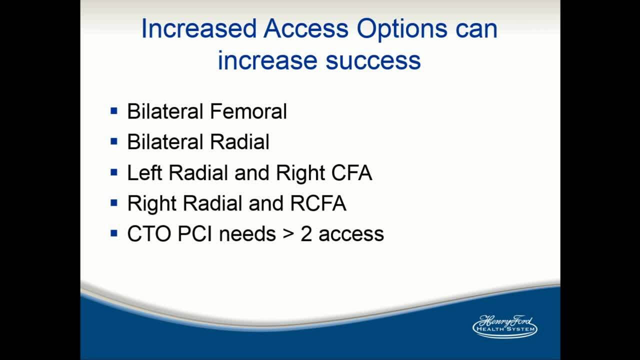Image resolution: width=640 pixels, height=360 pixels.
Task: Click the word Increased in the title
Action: pos(199,28)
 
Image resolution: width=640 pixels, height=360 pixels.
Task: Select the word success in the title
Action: pos(373,60)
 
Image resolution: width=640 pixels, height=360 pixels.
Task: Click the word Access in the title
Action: pos(306,28)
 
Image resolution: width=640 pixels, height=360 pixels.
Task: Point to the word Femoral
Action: pos(248,111)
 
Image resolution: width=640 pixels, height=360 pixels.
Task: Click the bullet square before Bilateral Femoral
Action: pos(113,111)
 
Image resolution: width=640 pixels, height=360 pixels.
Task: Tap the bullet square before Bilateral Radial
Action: pos(113,141)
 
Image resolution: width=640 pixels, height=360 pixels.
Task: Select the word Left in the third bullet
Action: pos(144,172)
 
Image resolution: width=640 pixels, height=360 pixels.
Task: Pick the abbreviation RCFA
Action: pos(318,203)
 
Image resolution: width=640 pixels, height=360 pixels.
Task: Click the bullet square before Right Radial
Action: pos(113,203)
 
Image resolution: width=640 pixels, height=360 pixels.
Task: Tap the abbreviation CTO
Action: pos(149,233)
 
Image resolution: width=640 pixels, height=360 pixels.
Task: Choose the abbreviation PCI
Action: pos(195,233)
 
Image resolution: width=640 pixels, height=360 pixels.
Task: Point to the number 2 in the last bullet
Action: pos(306,233)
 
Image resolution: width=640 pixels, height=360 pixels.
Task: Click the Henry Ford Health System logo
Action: pos(505,326)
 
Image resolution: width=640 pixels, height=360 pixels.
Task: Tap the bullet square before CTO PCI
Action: pos(113,233)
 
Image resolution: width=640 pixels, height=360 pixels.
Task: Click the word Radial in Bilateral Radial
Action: pos(239,141)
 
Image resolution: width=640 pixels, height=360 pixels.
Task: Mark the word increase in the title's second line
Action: pos(267,60)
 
